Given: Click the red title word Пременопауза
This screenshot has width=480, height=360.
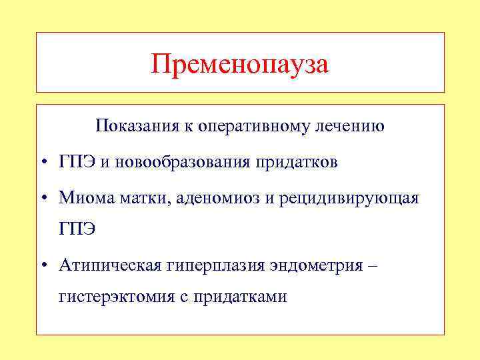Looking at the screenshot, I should (x=240, y=64).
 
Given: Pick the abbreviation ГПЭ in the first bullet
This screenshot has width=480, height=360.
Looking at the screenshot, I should (x=77, y=163).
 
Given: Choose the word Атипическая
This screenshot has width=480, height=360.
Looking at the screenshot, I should (x=110, y=266).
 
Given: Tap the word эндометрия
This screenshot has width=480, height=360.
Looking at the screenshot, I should (x=316, y=266).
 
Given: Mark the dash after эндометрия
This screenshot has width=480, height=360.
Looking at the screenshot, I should (x=372, y=266).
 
